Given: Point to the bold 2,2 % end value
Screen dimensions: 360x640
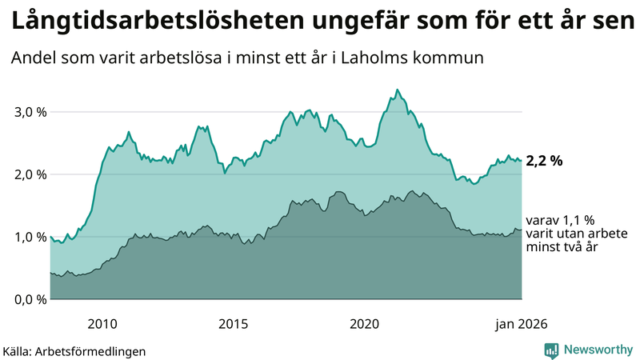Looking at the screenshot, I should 544,161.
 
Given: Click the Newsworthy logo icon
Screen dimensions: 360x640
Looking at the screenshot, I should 552,350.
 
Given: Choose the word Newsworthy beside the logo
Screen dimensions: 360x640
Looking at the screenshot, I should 598,350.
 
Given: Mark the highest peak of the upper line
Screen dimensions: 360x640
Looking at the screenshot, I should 398,90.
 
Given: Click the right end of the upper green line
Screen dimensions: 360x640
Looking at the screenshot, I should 522,161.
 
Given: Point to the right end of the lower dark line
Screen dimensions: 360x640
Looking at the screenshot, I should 522,230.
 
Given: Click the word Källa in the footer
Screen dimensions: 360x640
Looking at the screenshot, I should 17,351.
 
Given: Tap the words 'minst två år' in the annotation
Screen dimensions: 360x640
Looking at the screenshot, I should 562,248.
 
